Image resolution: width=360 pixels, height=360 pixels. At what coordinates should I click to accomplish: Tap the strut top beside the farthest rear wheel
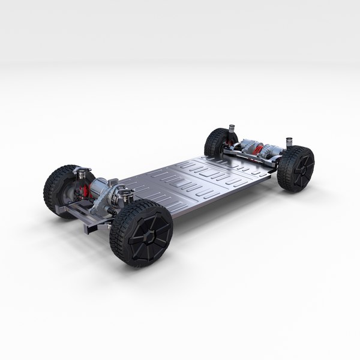pyautogui.click(x=229, y=128)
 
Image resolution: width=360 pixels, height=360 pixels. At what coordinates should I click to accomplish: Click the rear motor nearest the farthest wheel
pyautogui.click(x=245, y=146)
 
